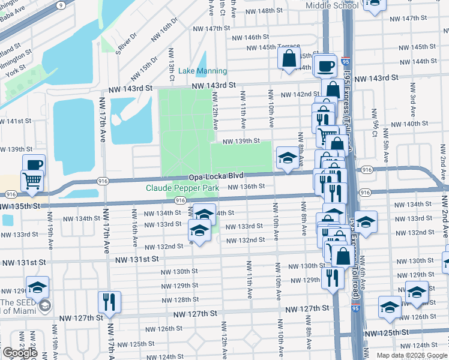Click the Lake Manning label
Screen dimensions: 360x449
(202, 71)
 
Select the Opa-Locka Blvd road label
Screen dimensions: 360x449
(216, 177)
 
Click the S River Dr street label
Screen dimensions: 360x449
(126, 43)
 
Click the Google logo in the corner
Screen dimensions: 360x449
(20, 353)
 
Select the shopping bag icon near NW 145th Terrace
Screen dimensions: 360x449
(289, 58)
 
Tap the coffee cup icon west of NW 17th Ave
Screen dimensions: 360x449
(34, 164)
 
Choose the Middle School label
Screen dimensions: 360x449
(332, 5)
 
